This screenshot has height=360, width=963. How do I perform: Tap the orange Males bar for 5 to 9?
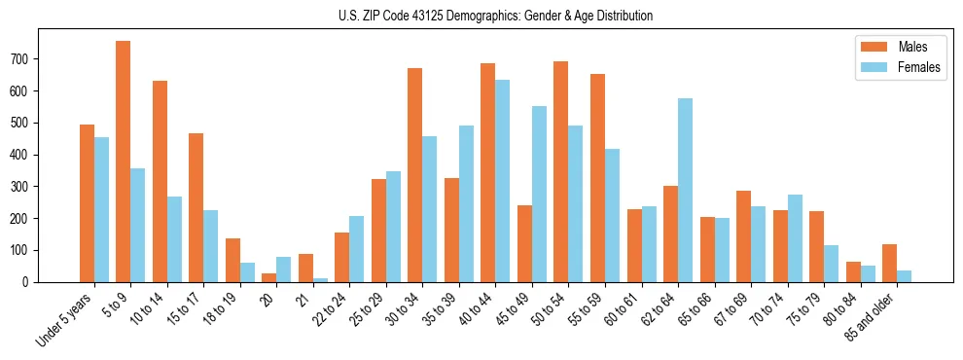[x=124, y=162]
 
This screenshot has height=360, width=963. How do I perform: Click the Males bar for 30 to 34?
[x=415, y=175]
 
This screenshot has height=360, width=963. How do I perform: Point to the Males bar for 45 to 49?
[x=525, y=243]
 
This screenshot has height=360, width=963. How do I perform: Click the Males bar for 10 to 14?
[x=160, y=181]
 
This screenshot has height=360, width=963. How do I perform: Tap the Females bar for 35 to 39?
[x=466, y=203]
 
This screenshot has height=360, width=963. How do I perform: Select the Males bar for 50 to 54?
[x=561, y=171]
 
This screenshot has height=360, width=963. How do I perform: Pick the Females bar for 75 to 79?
[x=832, y=264]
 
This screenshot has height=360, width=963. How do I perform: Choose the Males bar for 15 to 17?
[x=196, y=207]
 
